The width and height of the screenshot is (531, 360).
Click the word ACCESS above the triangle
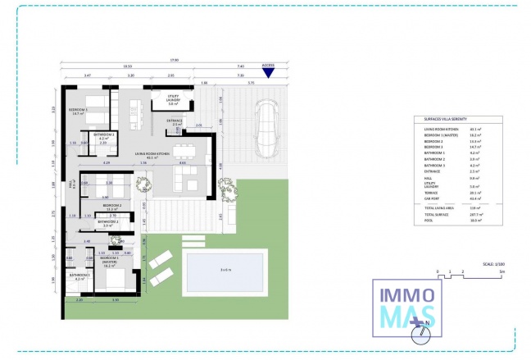268,64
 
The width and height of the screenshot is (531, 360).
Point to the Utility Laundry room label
173,100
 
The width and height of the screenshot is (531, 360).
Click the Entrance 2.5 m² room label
175,122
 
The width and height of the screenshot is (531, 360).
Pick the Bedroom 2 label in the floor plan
111,207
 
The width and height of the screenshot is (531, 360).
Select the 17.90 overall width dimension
175,59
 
